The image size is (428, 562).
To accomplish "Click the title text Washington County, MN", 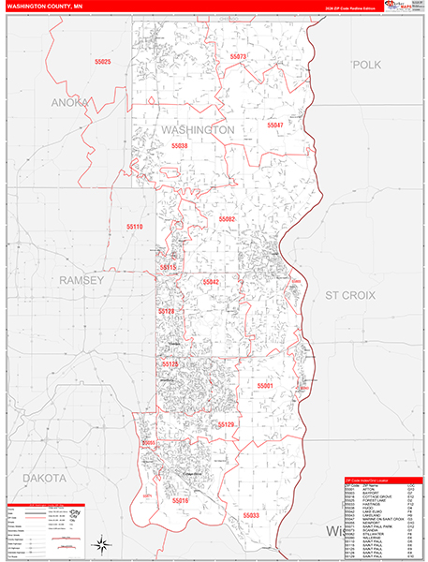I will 43,7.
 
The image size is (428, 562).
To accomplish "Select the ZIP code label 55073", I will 236,57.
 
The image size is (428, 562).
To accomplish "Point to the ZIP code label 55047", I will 275,125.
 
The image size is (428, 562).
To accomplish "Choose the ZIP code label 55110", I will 136,227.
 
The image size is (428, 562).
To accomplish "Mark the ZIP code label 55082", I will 228,218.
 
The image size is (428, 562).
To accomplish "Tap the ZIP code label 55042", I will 211,282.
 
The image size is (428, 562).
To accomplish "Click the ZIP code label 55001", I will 265,385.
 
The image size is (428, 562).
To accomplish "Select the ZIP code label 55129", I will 226,424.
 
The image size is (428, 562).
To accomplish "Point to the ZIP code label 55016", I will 180,501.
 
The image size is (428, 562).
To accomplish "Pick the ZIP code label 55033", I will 251,514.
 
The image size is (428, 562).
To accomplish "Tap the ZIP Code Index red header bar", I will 384,481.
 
